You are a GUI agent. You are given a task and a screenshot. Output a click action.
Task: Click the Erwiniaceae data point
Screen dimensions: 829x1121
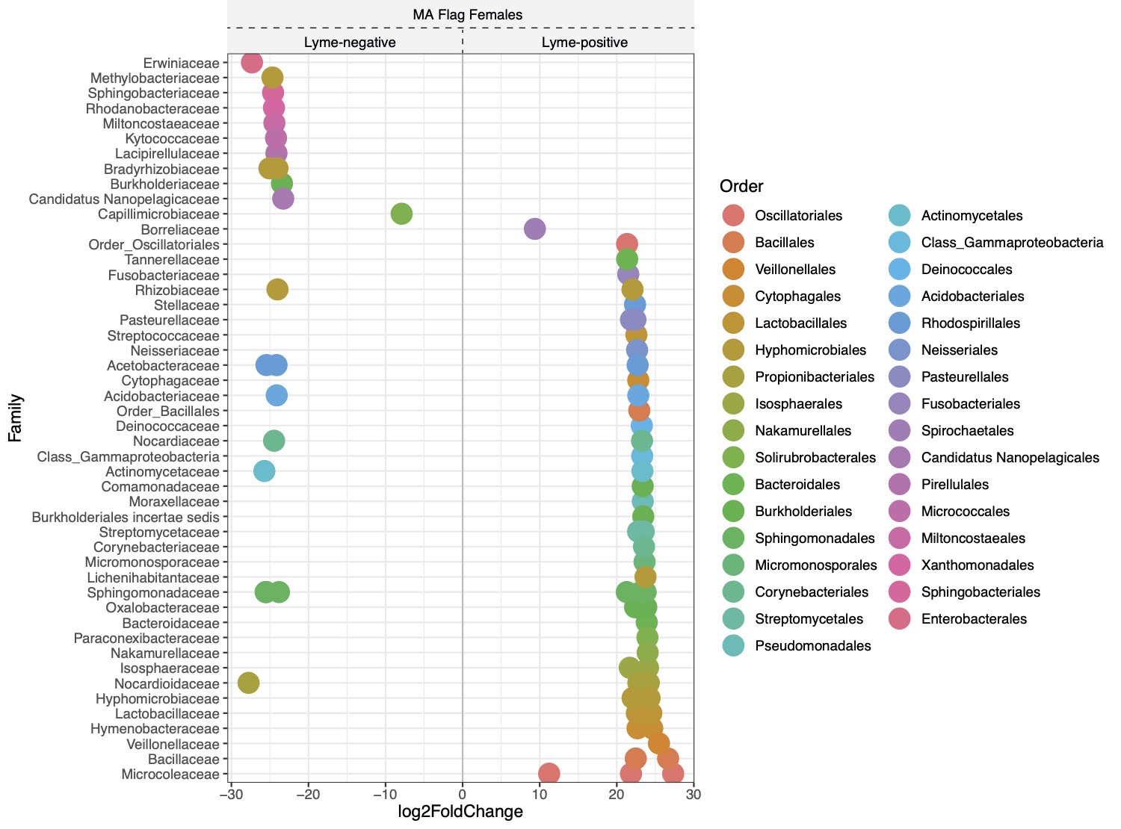(252, 63)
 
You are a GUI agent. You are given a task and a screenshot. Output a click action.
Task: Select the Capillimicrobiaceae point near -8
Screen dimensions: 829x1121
(401, 214)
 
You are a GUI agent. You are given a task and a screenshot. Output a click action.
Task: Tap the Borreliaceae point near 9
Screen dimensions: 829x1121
(534, 229)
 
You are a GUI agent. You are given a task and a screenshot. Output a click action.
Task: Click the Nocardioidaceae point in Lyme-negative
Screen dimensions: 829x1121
(249, 683)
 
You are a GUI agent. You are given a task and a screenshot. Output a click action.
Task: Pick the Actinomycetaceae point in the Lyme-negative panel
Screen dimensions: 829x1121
(264, 471)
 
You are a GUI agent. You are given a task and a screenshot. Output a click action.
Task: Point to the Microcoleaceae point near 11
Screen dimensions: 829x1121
(549, 774)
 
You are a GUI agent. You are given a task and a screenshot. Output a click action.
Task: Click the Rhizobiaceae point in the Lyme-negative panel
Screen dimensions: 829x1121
(277, 289)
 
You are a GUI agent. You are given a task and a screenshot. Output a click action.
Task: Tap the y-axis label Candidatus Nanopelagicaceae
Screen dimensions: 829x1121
(124, 199)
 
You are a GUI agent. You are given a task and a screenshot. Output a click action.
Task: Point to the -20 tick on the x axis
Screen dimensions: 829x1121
(308, 794)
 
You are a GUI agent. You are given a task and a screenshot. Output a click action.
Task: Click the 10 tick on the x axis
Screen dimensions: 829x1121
(540, 794)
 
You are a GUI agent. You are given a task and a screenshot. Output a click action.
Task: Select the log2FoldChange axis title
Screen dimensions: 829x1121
(460, 812)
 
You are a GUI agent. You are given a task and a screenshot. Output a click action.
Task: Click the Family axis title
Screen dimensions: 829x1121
(16, 418)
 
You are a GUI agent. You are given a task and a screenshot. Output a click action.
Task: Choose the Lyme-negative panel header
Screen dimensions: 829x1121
(350, 42)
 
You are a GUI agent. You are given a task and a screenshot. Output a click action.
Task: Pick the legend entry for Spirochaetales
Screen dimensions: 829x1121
(967, 431)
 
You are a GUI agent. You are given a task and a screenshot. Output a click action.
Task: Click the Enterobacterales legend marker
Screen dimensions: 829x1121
(900, 619)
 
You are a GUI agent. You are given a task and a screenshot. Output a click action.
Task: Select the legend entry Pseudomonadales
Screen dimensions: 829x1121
(812, 646)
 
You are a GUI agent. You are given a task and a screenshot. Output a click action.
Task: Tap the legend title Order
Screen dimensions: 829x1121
(741, 186)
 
